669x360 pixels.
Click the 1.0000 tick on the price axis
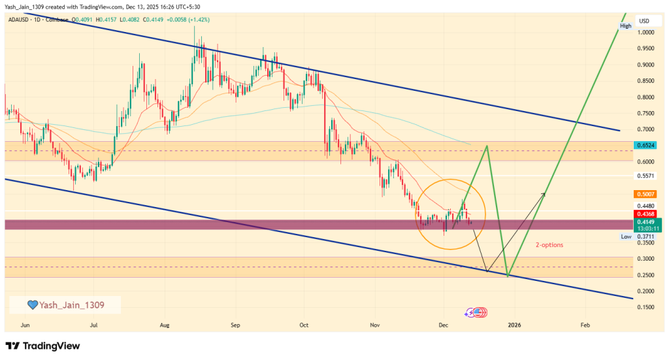point(647,32)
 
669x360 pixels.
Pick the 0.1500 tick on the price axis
point(647,307)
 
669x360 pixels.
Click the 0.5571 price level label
point(647,176)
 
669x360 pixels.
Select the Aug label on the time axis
point(165,325)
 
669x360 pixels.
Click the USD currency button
point(644,20)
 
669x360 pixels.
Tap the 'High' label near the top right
point(625,25)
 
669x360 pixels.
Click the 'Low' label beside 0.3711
point(625,237)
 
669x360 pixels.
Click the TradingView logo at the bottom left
point(42,346)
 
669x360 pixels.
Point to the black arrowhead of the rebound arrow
point(544,193)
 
